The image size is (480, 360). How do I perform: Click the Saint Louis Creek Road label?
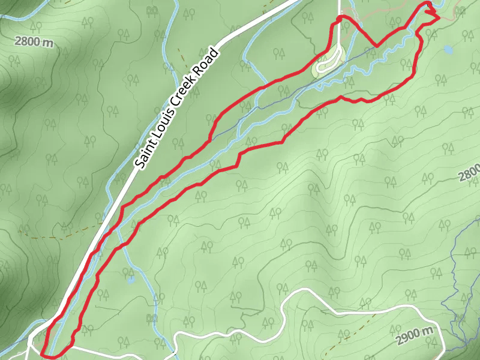pos(178,109)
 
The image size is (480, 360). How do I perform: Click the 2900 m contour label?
pos(415,337)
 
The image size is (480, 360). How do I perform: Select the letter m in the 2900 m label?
pos(428,331)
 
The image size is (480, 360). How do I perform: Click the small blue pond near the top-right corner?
pos(448,49)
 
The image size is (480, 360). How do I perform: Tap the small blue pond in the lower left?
pos(130,278)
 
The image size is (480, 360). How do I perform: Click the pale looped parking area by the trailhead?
pos(328,62)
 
